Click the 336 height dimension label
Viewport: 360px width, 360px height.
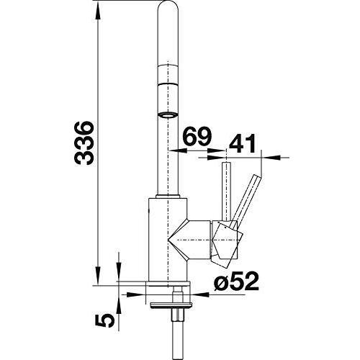coord(84,143)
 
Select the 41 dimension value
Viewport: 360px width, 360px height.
coord(243,143)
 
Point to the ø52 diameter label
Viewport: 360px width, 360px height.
coord(236,282)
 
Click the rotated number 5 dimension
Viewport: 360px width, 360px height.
coord(104,321)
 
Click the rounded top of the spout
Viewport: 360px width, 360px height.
coord(168,7)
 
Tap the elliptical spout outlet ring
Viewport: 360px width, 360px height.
coord(168,115)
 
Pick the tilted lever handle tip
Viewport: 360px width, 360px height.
coord(257,177)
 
